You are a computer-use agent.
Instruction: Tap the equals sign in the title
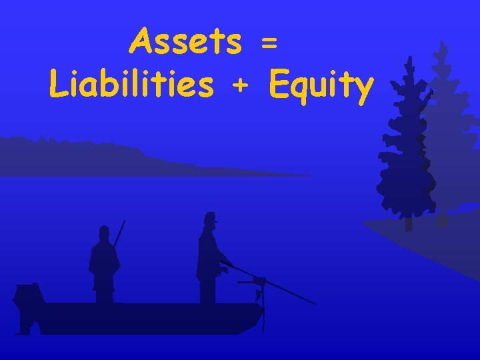(x=268, y=43)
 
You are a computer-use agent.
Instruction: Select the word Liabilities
(x=131, y=85)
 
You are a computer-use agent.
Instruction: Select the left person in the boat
(x=103, y=263)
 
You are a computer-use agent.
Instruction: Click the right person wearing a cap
(x=209, y=260)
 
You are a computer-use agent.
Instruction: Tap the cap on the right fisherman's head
(x=211, y=217)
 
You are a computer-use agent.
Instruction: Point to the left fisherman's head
(x=103, y=233)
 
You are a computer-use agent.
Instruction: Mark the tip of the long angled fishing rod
(x=314, y=303)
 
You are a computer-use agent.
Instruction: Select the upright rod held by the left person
(x=119, y=233)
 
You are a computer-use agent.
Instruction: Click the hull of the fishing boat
(x=147, y=317)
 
